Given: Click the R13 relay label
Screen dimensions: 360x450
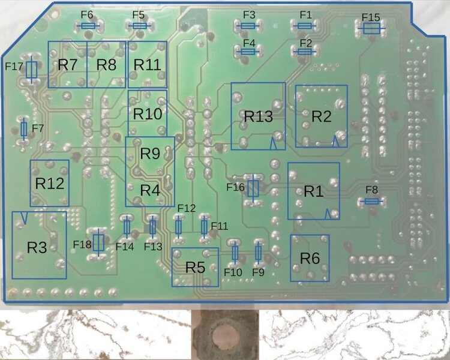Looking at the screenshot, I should click(x=258, y=116).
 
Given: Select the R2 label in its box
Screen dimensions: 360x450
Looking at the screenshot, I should click(x=322, y=116).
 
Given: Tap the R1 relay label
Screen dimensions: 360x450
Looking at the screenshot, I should click(x=313, y=191).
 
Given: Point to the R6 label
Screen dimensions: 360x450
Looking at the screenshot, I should click(x=310, y=259).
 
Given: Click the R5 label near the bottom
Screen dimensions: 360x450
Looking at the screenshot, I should click(x=195, y=268).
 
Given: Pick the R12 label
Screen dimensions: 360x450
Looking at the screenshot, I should click(x=49, y=184).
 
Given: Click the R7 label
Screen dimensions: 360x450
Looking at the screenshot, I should click(x=68, y=65).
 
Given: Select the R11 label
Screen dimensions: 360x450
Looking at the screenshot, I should click(x=146, y=65).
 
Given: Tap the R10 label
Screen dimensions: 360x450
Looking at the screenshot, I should click(x=147, y=113).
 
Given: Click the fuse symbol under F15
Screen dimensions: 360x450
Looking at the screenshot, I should click(x=371, y=28).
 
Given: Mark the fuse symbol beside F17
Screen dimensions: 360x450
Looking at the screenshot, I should click(x=32, y=70).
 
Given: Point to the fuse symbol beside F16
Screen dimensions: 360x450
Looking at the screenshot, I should click(x=253, y=188).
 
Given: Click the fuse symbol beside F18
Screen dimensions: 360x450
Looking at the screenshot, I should click(x=98, y=242).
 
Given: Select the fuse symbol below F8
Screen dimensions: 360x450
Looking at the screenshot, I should click(x=372, y=202).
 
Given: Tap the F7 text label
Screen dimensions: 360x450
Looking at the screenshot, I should click(x=38, y=128).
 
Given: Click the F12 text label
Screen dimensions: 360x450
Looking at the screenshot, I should click(x=186, y=208).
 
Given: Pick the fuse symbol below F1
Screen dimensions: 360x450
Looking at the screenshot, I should click(x=305, y=26).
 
